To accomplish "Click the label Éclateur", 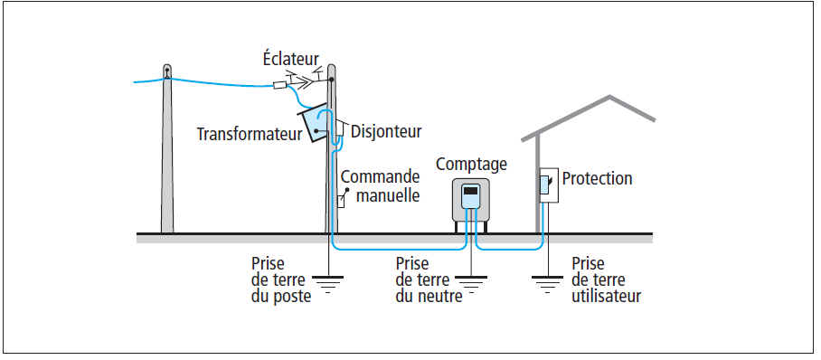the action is pos(290,59).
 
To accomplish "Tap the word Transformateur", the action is pos(250,134).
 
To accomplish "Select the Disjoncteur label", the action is pos(386,131).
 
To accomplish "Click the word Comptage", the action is pos(471,164).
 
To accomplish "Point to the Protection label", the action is pos(597,178).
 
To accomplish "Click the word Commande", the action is pos(380,176).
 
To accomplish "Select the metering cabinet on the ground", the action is pos(471,203).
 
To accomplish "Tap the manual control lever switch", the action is pos(343,198).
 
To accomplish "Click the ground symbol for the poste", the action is pos(328,283).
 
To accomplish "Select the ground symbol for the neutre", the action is pos(471,283).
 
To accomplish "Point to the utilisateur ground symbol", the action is pos(547,283).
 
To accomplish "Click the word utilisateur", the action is pos(607,296).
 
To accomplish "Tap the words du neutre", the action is pos(429,296).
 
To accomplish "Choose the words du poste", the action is pos(281,297).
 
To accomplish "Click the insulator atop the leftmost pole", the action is pos(167,71).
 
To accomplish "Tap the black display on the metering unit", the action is pos(471,191).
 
